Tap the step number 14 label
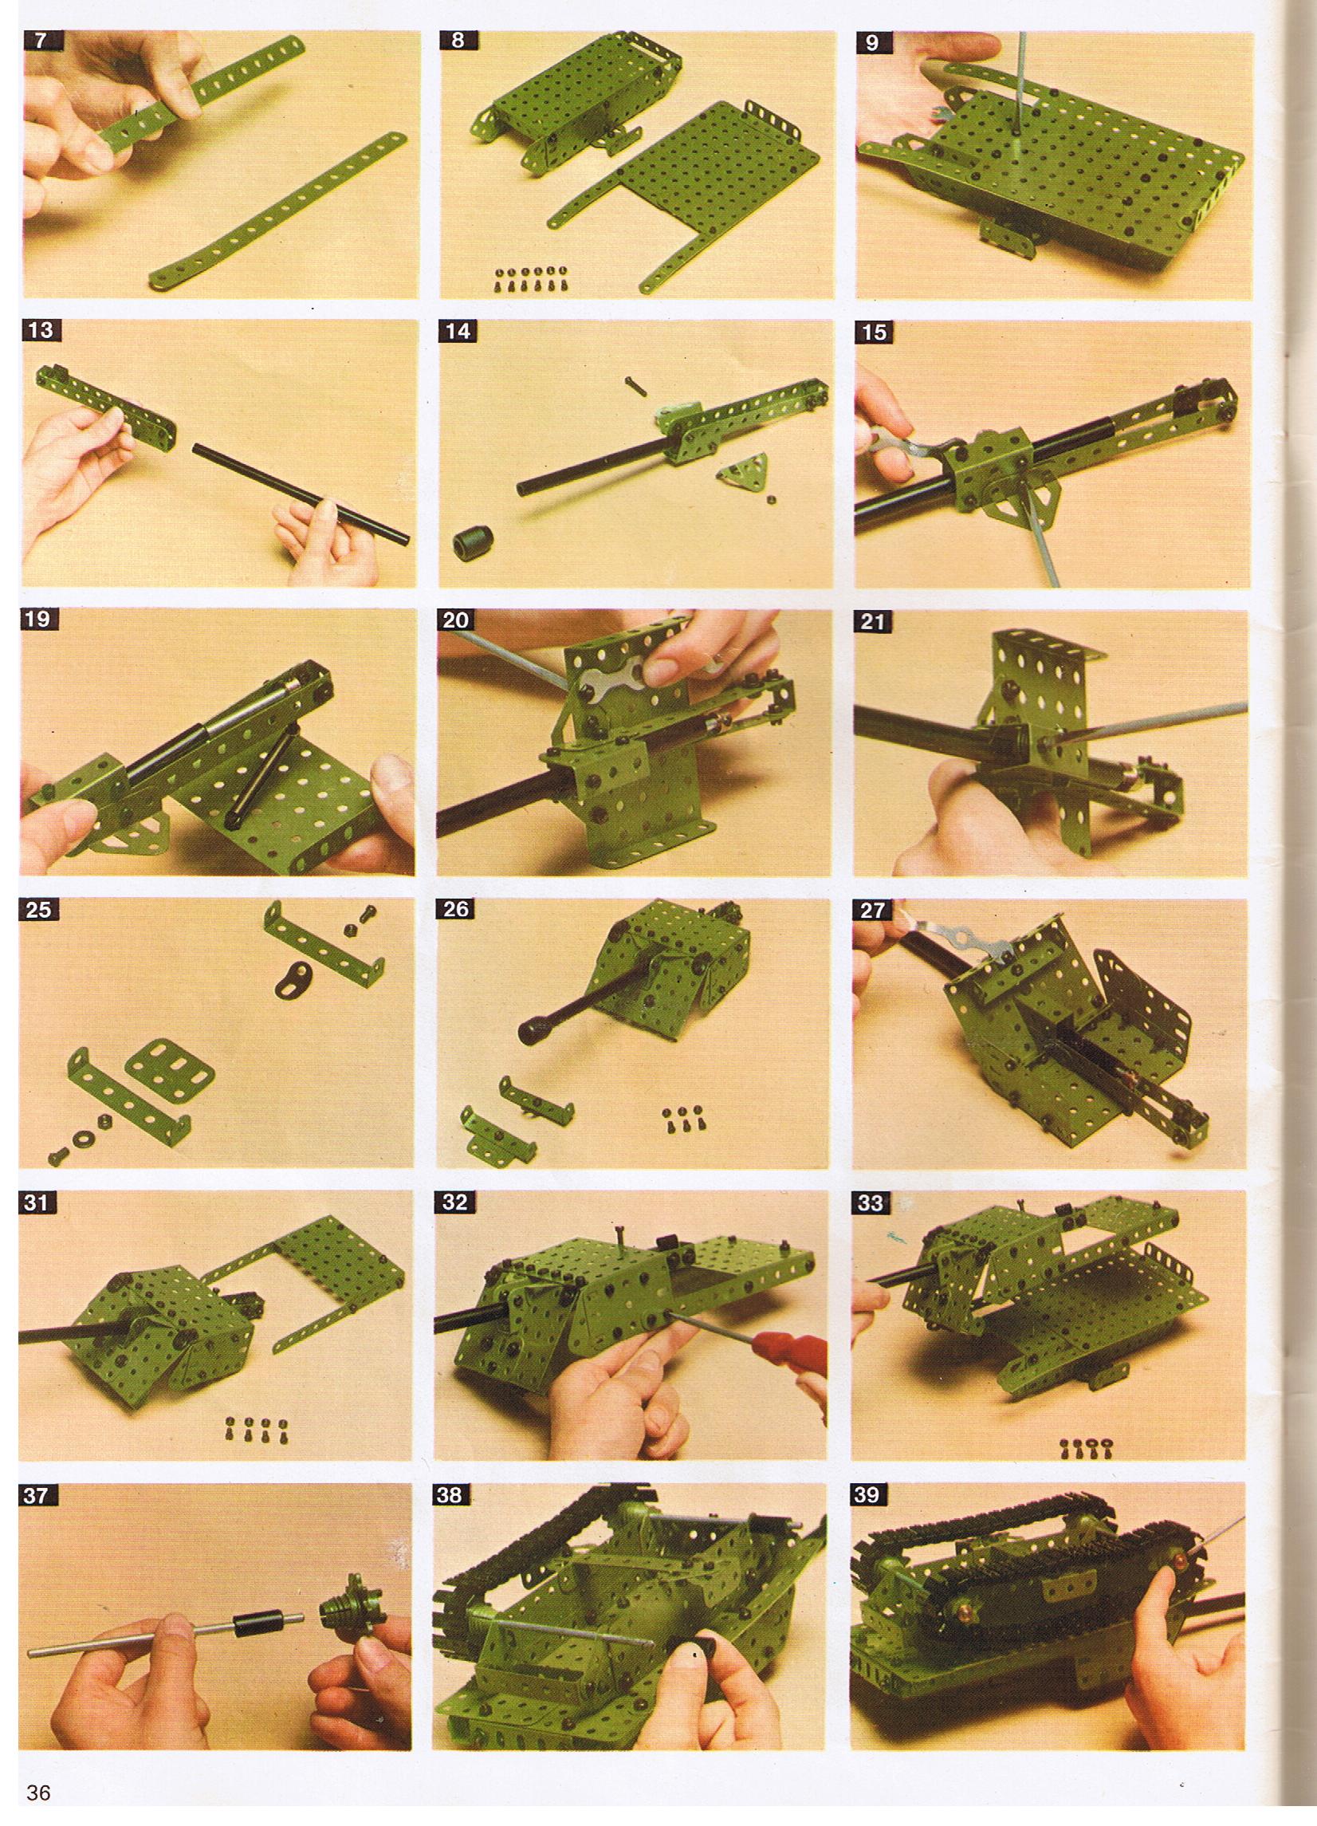click(x=458, y=331)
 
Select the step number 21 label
click(x=873, y=621)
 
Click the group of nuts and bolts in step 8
click(x=521, y=277)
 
